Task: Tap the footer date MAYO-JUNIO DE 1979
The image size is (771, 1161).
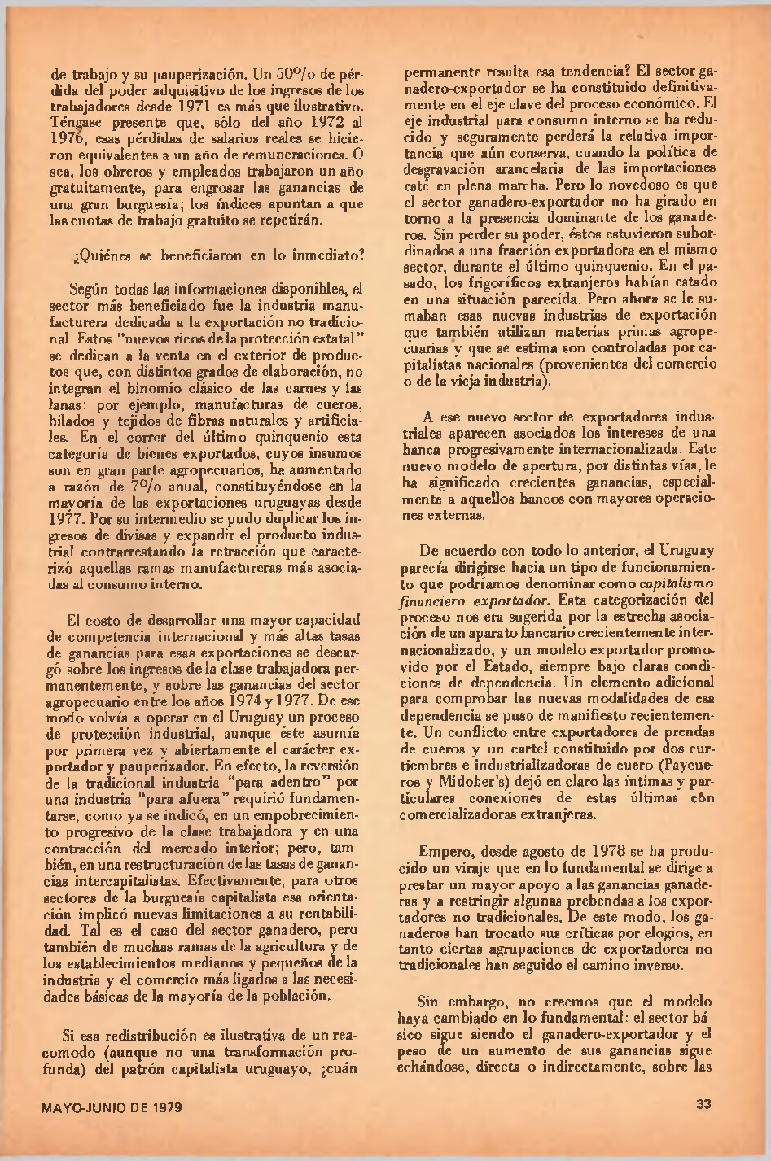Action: (112, 1107)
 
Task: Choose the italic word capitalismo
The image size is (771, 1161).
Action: (678, 583)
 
